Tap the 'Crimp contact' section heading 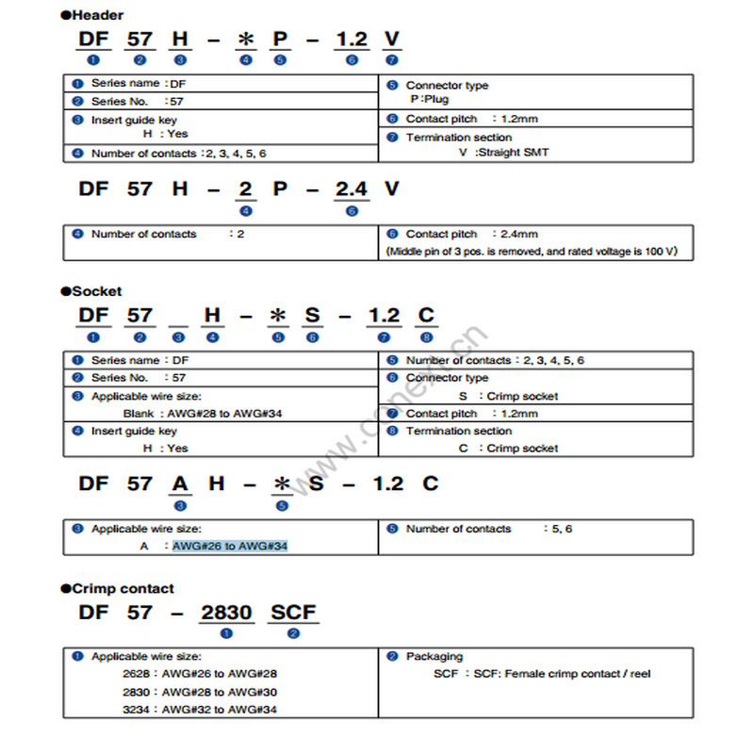coord(122,588)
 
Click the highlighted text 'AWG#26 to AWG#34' coord(229,546)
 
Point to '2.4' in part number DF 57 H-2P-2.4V coord(352,189)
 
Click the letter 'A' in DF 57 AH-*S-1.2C coord(180,484)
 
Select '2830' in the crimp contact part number coord(226,613)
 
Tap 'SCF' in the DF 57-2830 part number coord(293,613)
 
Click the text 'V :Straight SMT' coord(503,153)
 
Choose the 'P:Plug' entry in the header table coord(429,99)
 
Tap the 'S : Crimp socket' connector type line coord(508,396)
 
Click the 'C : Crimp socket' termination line coord(508,448)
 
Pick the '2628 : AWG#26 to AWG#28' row coord(200,674)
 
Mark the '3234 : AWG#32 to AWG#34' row coord(200,709)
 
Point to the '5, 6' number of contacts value coord(562,529)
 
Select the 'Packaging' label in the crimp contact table coord(434,656)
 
